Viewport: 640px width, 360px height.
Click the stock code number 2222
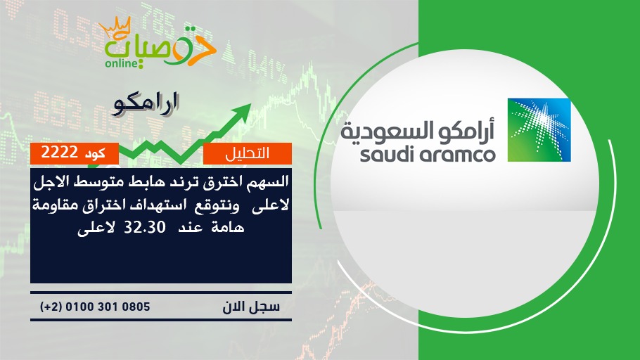(x=60, y=153)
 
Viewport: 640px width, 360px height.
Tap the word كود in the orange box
(x=95, y=153)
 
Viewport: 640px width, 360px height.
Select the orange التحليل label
(x=248, y=153)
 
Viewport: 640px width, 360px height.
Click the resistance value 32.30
(x=144, y=227)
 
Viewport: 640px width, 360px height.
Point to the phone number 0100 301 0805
(x=108, y=307)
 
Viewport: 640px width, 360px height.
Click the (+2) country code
(x=51, y=307)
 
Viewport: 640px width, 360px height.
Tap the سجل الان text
(x=251, y=307)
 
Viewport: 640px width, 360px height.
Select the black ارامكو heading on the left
(x=146, y=105)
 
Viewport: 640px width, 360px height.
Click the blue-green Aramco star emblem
(x=539, y=130)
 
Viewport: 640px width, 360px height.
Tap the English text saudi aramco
(x=428, y=155)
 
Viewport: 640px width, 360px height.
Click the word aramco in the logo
(x=458, y=155)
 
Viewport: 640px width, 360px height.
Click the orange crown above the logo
(x=115, y=27)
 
